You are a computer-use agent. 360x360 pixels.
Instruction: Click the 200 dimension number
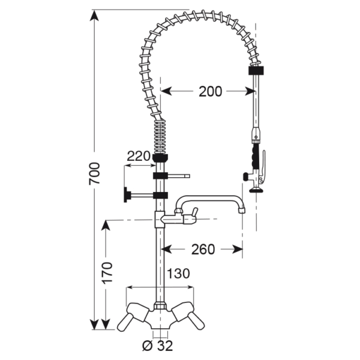tap(210, 91)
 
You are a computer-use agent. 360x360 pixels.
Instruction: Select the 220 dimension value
tap(138, 156)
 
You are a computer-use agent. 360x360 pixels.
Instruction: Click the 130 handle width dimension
tap(178, 274)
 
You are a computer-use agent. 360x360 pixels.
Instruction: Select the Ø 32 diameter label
tap(158, 346)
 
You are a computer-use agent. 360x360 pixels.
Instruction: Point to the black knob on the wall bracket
tap(127, 195)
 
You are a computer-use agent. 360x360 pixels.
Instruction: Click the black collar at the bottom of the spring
tap(160, 158)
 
